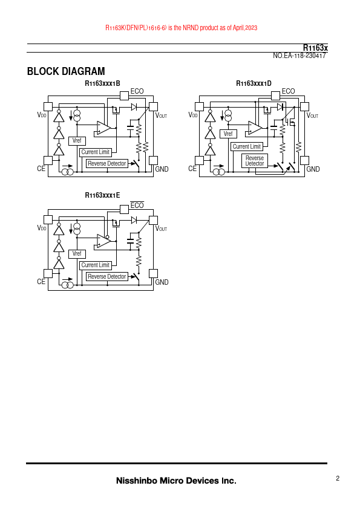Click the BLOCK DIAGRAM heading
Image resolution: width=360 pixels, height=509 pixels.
pos(66,71)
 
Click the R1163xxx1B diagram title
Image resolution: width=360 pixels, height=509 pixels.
pos(102,83)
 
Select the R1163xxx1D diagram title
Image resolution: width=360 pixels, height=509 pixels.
pos(254,83)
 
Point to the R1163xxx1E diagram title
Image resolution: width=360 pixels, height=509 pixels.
pos(102,195)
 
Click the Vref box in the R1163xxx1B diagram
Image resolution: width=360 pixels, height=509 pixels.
pos(77,141)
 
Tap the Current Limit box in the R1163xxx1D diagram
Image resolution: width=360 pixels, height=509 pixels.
pos(247,147)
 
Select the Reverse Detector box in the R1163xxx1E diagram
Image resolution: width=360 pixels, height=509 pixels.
pos(107,277)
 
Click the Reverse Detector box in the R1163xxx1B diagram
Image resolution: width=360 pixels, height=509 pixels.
pos(107,164)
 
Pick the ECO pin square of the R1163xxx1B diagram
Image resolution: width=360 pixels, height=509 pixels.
pos(124,96)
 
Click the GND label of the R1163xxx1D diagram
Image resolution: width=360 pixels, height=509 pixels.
pos(313,169)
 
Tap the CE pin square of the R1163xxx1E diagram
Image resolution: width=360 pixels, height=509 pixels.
pos(48,273)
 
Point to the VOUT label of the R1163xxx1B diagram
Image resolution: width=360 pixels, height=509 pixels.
pos(161,115)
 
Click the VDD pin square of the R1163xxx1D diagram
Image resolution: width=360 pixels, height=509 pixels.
pos(199,106)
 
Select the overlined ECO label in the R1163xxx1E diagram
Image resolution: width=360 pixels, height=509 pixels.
pos(137,205)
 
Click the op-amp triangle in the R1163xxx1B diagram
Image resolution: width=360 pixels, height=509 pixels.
pos(103,128)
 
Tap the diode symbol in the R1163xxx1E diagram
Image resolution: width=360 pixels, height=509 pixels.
pos(134,220)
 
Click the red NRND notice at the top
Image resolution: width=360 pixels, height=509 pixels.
pos(182,28)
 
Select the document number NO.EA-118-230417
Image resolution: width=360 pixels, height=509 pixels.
pos(299,56)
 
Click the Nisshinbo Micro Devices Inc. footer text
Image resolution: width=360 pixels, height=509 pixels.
pos(176,481)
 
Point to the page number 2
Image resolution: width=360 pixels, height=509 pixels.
pos(338,478)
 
